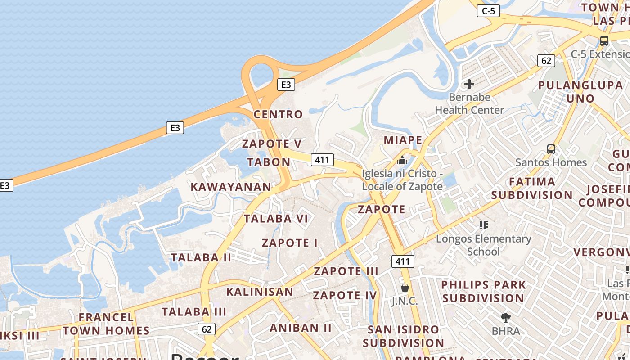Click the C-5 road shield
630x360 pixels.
[488, 11]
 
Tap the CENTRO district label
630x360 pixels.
[278, 114]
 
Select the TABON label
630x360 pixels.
[269, 162]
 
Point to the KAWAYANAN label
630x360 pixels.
[231, 187]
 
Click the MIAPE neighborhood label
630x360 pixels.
[403, 140]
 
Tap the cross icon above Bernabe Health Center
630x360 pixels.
[469, 84]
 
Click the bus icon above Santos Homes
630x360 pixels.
[551, 149]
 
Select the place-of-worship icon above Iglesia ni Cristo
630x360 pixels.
[402, 160]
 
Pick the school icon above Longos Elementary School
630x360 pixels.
[484, 225]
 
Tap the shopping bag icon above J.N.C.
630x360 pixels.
[405, 287]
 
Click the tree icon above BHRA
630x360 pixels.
[506, 318]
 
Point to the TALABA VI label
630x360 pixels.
[276, 219]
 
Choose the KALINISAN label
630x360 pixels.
[260, 292]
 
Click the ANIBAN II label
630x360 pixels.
[301, 328]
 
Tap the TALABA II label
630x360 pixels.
[201, 257]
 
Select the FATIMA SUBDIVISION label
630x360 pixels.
[532, 189]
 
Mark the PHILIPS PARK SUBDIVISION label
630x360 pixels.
[483, 292]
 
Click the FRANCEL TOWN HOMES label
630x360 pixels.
[106, 324]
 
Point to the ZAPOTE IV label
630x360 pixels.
[345, 295]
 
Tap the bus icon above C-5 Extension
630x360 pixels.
[604, 40]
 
